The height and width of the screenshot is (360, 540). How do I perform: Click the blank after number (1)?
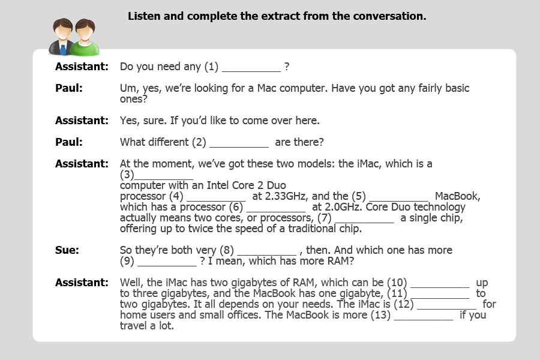point(251,68)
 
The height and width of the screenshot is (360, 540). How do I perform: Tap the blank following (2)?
point(239,143)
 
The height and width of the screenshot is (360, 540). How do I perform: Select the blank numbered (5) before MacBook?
point(398,197)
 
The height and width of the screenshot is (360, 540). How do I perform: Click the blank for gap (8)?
point(266,250)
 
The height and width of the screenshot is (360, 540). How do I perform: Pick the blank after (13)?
point(423,316)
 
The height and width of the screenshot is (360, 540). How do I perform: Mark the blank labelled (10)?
point(440,283)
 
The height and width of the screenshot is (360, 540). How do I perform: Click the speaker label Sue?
point(67,250)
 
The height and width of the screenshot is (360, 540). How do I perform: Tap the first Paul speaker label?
point(69,88)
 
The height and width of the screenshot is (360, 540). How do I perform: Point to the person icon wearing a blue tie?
point(62,37)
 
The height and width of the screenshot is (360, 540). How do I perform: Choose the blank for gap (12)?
point(446,305)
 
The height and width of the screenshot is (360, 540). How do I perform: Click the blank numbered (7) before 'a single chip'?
point(364,218)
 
